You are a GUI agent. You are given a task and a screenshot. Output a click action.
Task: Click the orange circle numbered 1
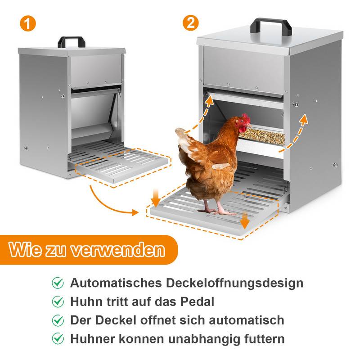28,23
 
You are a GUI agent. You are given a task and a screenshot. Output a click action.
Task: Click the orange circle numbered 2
191,23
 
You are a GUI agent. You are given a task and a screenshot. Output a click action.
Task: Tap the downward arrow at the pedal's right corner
244,219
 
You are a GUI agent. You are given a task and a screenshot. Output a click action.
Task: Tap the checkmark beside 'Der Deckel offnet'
58,320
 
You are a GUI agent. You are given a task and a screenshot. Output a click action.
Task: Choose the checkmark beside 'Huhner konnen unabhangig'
58,338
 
